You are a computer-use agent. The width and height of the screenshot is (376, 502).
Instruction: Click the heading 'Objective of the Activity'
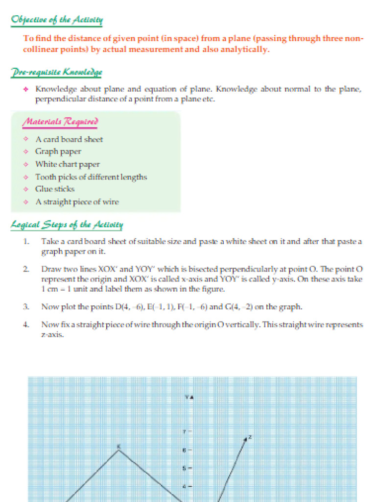coord(57,20)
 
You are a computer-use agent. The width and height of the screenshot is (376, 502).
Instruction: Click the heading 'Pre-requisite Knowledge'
coord(56,73)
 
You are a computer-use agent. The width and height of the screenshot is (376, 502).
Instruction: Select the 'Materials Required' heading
coord(59,122)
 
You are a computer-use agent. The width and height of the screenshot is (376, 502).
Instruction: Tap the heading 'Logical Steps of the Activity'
coord(67,225)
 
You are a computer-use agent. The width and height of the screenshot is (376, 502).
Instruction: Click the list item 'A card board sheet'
coord(69,139)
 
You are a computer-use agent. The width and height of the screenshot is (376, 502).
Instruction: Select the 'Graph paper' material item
coord(58,151)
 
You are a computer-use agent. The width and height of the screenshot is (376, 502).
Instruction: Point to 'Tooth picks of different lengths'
coord(91,177)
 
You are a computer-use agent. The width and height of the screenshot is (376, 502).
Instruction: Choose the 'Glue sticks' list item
coord(55,189)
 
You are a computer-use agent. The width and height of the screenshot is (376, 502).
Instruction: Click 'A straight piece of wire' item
coord(77,202)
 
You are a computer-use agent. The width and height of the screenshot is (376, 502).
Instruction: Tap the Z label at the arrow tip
coord(250,436)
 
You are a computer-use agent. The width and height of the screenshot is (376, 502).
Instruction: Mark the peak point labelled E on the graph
coord(119,449)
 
